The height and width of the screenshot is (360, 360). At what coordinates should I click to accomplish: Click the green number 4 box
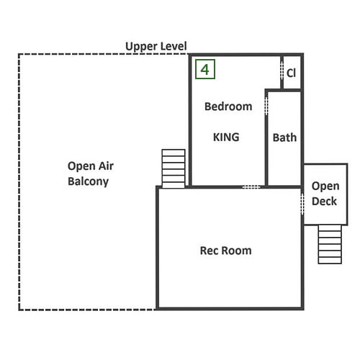coord(205,69)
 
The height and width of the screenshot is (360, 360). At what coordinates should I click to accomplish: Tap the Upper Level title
coord(156,46)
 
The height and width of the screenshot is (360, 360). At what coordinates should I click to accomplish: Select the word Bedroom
coord(228,107)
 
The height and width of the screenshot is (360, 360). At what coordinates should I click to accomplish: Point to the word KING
coord(226,137)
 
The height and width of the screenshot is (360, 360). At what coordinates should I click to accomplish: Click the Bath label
coord(284,138)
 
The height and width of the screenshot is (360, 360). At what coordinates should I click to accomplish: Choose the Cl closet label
coord(291,73)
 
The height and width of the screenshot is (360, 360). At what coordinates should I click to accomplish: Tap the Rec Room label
coord(226,251)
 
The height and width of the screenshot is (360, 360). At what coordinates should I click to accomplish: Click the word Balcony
coord(88,181)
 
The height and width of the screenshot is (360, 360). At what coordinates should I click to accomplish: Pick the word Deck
coord(324,201)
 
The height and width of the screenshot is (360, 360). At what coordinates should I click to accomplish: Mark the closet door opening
coord(282,71)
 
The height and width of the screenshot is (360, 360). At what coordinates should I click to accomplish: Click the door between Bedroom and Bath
coord(266,106)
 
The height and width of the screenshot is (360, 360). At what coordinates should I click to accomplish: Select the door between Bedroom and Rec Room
coord(251,186)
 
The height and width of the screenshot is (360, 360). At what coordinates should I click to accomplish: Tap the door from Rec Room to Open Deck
coord(302,204)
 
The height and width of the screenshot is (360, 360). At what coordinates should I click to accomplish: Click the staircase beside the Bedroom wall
coord(174,168)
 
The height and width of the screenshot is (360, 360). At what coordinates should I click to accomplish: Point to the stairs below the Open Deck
coord(330,244)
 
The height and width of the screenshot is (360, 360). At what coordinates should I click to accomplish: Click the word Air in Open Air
coord(104,166)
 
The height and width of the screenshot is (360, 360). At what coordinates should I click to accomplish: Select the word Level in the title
coord(174,46)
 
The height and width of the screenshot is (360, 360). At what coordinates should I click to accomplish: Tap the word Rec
coord(210,251)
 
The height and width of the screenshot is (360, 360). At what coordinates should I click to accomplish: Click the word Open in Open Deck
coord(325,186)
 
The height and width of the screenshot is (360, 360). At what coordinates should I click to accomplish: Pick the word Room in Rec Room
coord(236,251)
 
